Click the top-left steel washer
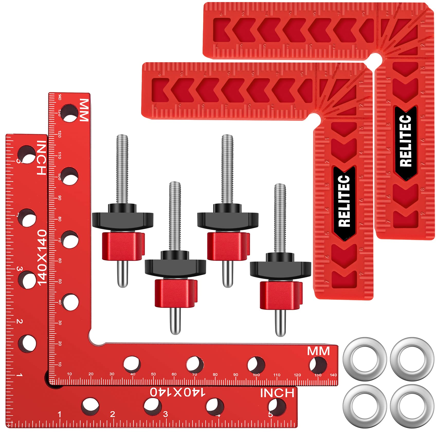click(x=365, y=359)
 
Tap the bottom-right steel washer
click(x=412, y=406)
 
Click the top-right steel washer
click(x=412, y=359)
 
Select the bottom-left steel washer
click(x=365, y=406)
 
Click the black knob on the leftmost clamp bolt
click(x=123, y=219)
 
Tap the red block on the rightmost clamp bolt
click(x=281, y=295)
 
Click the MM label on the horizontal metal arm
click(x=318, y=351)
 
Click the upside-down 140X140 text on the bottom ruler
click(x=178, y=392)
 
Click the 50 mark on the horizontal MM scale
click(x=153, y=374)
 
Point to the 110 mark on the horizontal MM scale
click(x=277, y=375)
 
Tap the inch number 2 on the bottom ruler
click(x=112, y=414)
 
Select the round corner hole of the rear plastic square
click(x=376, y=58)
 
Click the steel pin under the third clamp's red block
click(x=227, y=274)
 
